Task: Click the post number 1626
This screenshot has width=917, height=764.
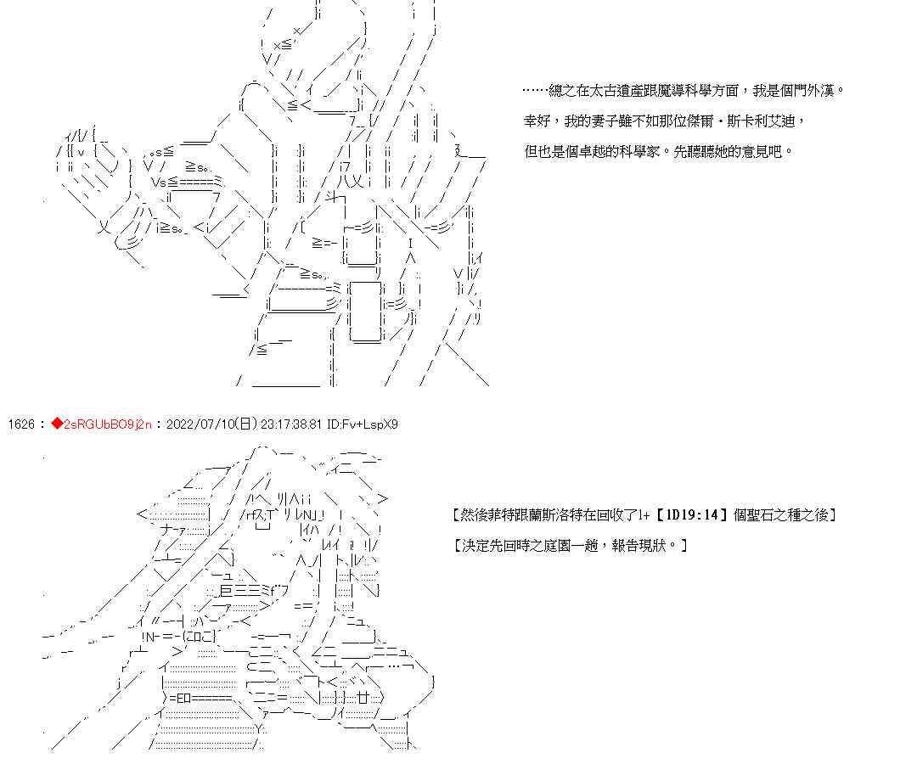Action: pos(20,424)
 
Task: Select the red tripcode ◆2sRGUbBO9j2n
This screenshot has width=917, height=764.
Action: pos(101,424)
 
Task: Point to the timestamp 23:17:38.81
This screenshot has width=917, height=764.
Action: pos(283,424)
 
